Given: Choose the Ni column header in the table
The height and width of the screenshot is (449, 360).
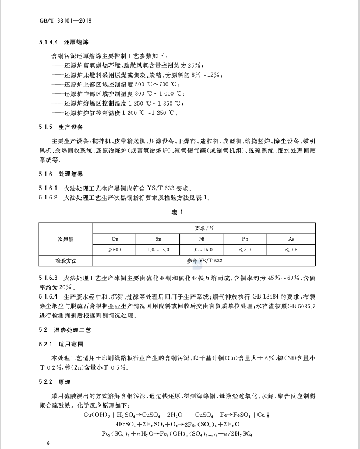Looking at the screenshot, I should pos(201,239).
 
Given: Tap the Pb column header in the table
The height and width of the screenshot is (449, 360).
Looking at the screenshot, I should pos(245,239).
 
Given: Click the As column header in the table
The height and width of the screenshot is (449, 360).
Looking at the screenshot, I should pos(291,239).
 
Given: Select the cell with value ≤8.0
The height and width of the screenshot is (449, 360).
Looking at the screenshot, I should pos(245,250).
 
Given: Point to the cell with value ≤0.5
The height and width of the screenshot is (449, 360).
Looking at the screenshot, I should pos(291,250).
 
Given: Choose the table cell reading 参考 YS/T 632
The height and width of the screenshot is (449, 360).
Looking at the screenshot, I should pos(201,261).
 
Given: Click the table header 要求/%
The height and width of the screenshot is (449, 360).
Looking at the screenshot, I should pos(201,228).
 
